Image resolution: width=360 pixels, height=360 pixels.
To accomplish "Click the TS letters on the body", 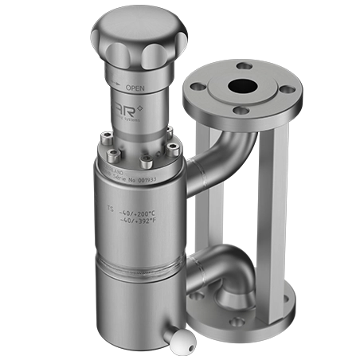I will click(x=110, y=212).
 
